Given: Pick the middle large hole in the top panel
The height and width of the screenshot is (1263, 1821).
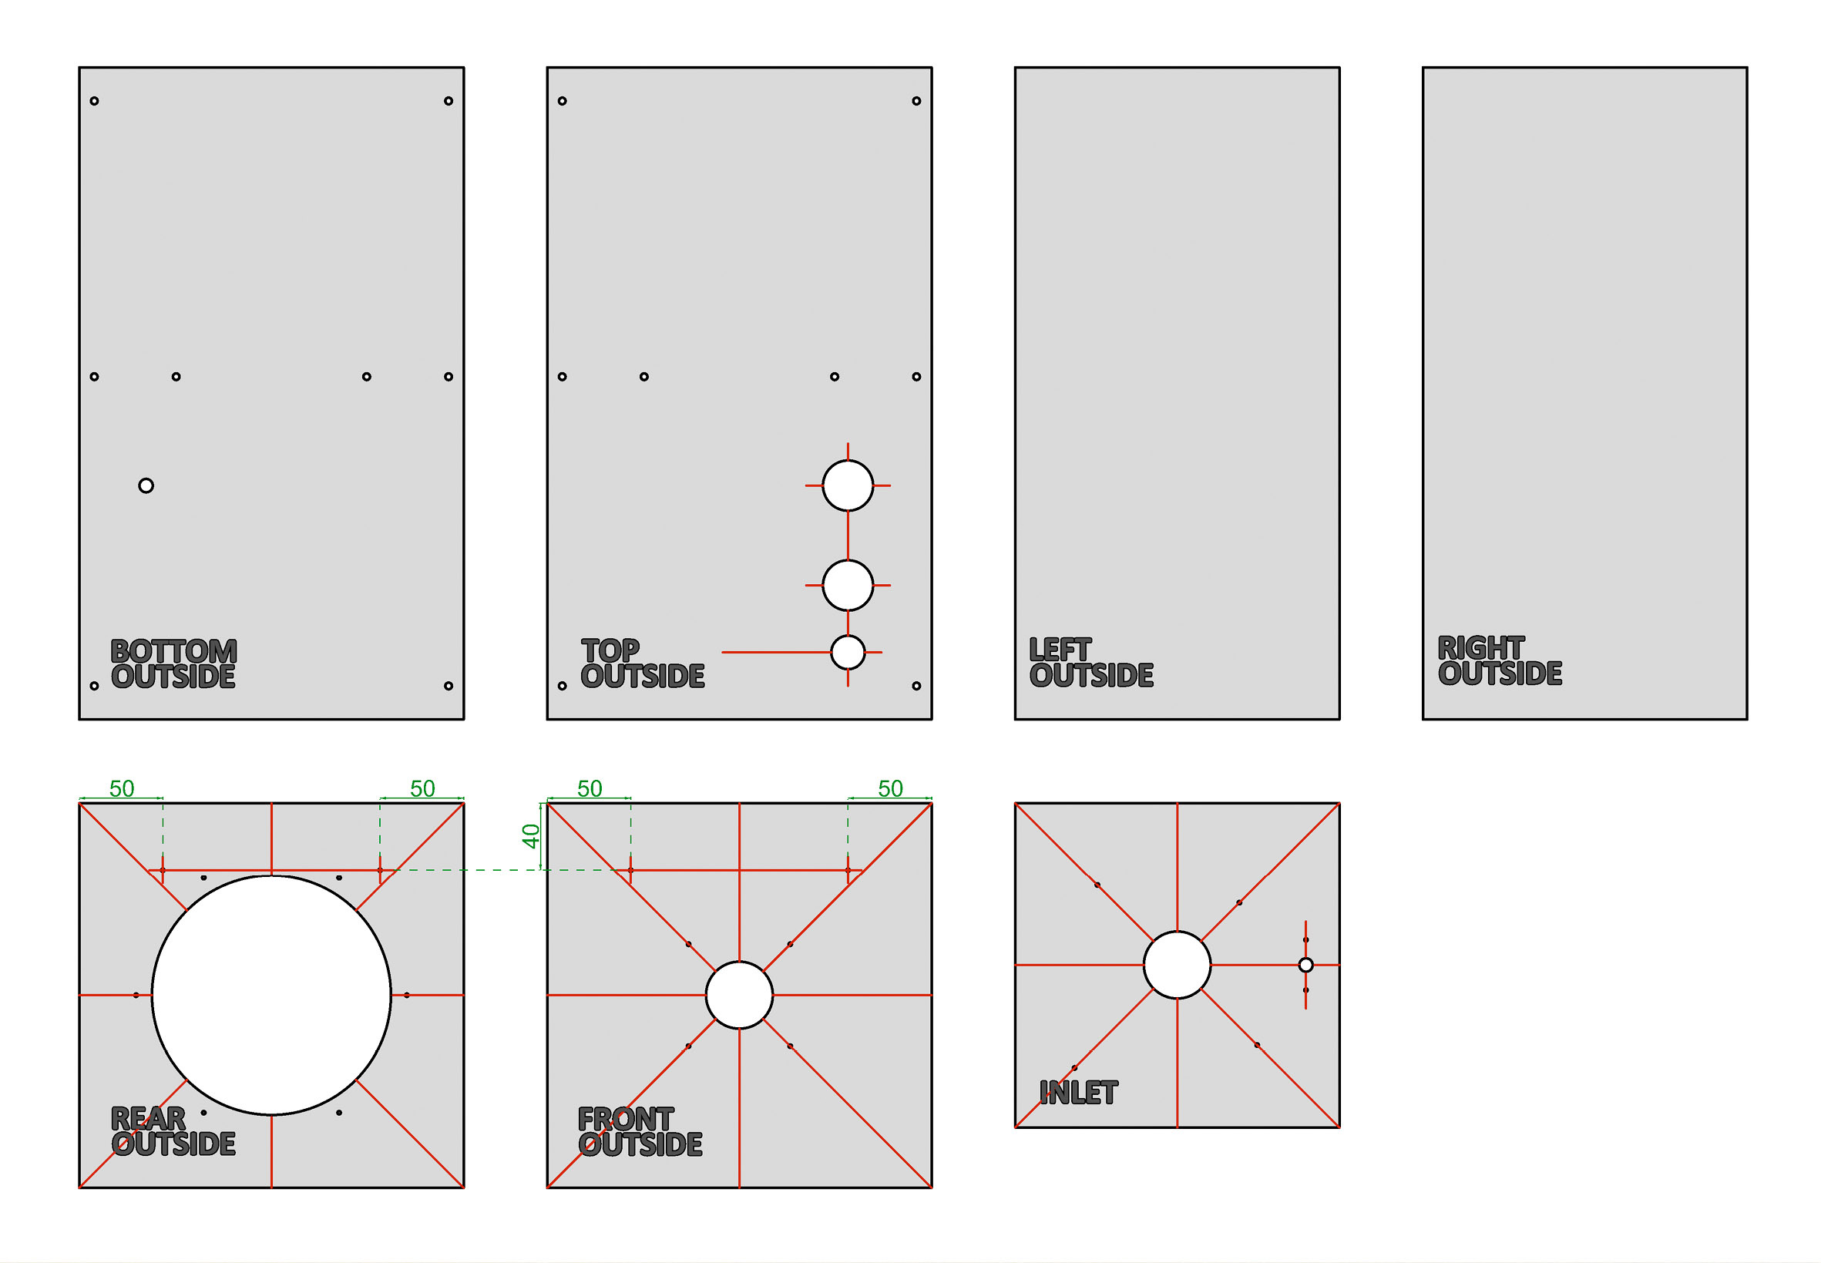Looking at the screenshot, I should [x=847, y=585].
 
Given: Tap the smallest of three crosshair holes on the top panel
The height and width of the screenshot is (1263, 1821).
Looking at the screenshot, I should [x=847, y=652].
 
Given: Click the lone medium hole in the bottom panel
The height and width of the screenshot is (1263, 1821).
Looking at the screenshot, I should [x=146, y=485].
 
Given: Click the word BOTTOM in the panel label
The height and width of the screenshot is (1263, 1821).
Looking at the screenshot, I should [x=173, y=651].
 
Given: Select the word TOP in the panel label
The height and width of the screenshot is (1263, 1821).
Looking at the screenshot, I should [x=610, y=650].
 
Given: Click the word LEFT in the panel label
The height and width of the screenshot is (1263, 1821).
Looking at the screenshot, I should [x=1060, y=650].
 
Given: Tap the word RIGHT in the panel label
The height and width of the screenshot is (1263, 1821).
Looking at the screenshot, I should [x=1480, y=648].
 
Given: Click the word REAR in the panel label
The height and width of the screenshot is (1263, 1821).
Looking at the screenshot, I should [x=148, y=1118].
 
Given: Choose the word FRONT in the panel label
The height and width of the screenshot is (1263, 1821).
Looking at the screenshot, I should [x=625, y=1118].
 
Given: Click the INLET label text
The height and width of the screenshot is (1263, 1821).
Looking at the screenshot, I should [x=1078, y=1093].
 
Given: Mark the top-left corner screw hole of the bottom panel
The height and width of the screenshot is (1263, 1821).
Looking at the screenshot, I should [x=94, y=100].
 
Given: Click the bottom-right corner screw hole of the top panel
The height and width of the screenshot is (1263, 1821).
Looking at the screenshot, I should [x=916, y=685].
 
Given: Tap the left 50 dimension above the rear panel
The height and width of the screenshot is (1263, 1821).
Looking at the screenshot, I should [x=121, y=788].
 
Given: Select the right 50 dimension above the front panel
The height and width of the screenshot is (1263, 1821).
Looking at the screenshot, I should [x=889, y=788].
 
